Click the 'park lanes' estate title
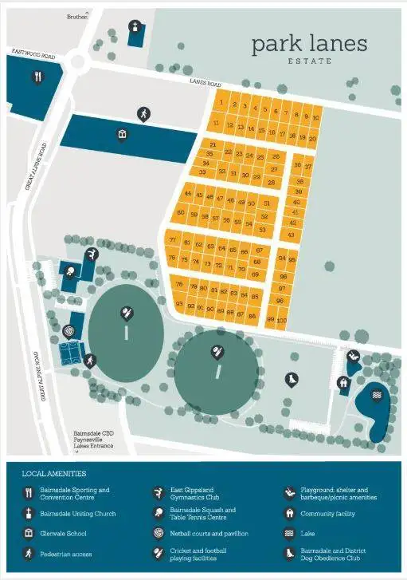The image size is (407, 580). [x=310, y=44]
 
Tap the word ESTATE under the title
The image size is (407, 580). [x=310, y=61]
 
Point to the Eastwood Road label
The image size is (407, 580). [x=33, y=55]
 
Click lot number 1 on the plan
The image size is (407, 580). [x=221, y=103]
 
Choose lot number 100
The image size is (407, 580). [x=281, y=319]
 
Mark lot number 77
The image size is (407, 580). [x=173, y=240]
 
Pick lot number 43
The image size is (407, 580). [x=292, y=235]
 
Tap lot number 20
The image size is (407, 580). [x=313, y=138]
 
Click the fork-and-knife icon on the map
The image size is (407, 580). [x=37, y=77]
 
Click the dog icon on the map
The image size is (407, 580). [x=292, y=381]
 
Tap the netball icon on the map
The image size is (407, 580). [x=69, y=330]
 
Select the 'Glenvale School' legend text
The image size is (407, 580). [x=63, y=533]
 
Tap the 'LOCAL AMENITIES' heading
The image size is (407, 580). [x=54, y=474]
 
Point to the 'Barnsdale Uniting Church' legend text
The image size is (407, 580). [x=78, y=514]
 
